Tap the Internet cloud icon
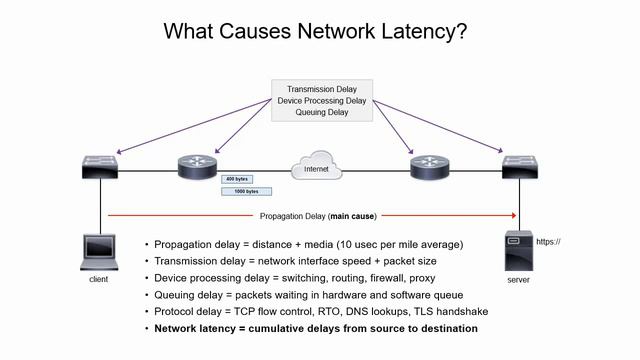315,167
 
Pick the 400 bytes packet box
239,178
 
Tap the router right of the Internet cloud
426,166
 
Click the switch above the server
520,166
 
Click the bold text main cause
356,215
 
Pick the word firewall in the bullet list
384,277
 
